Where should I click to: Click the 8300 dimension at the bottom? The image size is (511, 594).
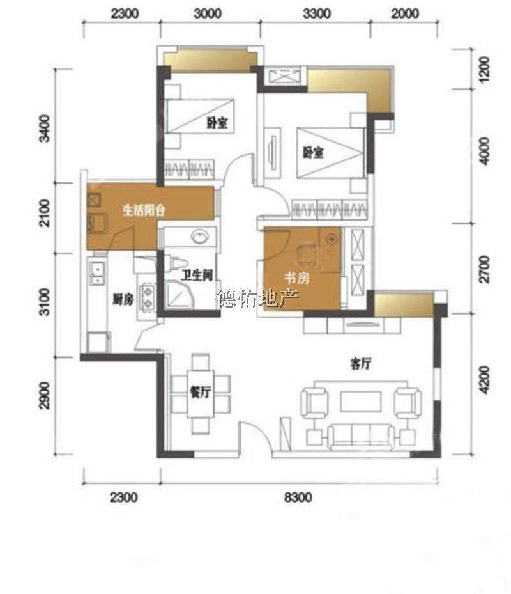pos(298,497)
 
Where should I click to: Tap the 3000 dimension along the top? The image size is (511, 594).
pos(208,13)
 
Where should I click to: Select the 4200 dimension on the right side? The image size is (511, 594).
pos(484,380)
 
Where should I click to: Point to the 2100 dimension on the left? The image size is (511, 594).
pos(45,213)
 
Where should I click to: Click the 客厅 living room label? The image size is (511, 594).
pos(360,364)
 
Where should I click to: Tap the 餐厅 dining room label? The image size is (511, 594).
pos(200,393)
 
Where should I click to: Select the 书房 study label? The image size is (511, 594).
pos(297,278)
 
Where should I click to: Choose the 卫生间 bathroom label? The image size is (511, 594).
pos(196,275)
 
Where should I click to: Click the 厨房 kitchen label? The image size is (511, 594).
pos(123,300)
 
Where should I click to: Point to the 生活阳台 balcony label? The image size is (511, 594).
pos(144,210)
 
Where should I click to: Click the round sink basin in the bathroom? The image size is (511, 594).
pos(199,237)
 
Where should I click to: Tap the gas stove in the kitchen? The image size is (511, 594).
pos(148,297)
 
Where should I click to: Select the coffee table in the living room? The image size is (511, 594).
pos(361,402)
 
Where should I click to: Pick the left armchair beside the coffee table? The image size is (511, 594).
pos(314,403)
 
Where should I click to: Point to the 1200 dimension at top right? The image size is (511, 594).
pos(484,69)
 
